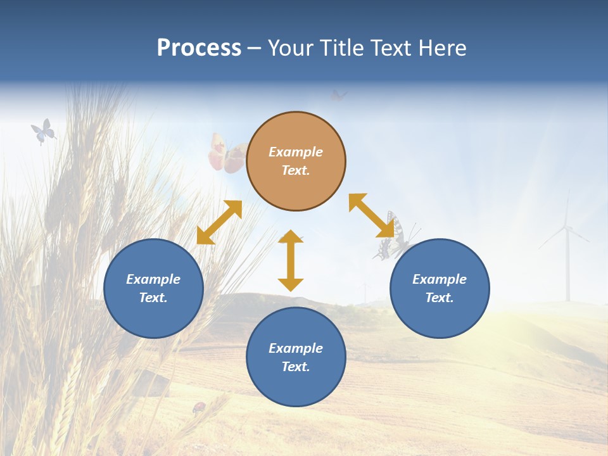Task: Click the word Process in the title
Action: pyautogui.click(x=199, y=48)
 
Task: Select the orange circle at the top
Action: pyautogui.click(x=296, y=161)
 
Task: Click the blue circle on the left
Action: pyautogui.click(x=153, y=288)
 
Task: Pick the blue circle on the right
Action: pyautogui.click(x=440, y=288)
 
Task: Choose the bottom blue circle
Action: pyautogui.click(x=296, y=357)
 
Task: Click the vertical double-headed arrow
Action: pyautogui.click(x=291, y=260)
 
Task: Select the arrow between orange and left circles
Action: pyautogui.click(x=219, y=222)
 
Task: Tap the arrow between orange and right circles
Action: pyautogui.click(x=372, y=216)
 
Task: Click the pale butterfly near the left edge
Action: pyautogui.click(x=43, y=131)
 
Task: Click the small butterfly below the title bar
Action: pyautogui.click(x=339, y=96)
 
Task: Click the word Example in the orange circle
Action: pyautogui.click(x=296, y=152)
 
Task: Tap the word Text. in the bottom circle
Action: pyautogui.click(x=296, y=367)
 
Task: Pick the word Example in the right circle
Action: pyautogui.click(x=440, y=279)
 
